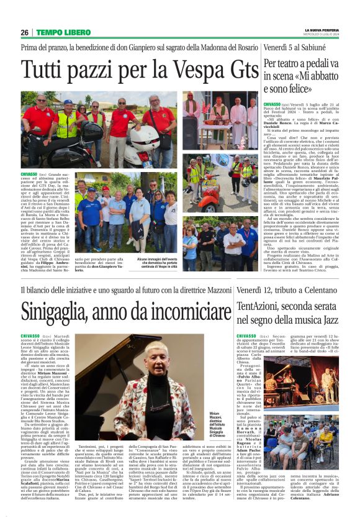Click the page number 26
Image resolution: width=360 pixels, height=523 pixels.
point(24,32)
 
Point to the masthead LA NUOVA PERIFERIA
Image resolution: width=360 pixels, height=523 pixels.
point(322,29)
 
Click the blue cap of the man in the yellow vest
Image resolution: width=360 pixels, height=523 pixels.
point(68,102)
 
